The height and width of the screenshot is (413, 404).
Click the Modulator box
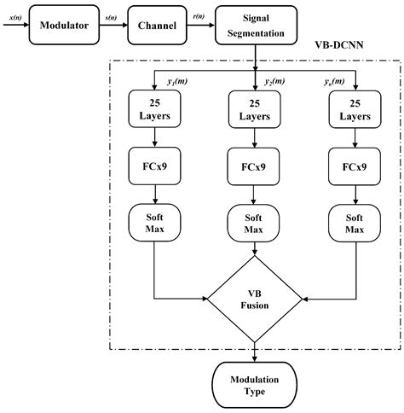pos(60,25)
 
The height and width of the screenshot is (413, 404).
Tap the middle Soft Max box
pos(255,223)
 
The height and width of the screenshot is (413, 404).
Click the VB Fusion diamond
pos(255,299)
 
